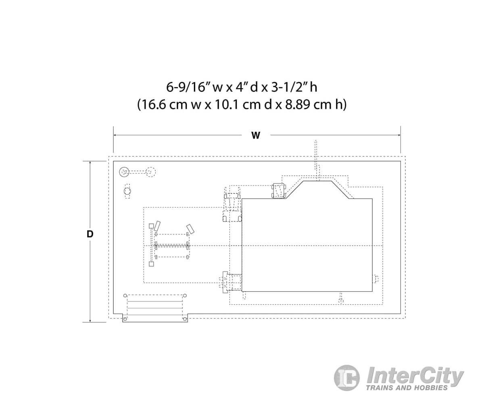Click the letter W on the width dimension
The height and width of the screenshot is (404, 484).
click(x=256, y=135)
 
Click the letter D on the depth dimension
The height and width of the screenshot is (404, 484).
click(x=90, y=234)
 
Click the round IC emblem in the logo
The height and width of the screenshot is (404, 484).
click(x=347, y=378)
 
